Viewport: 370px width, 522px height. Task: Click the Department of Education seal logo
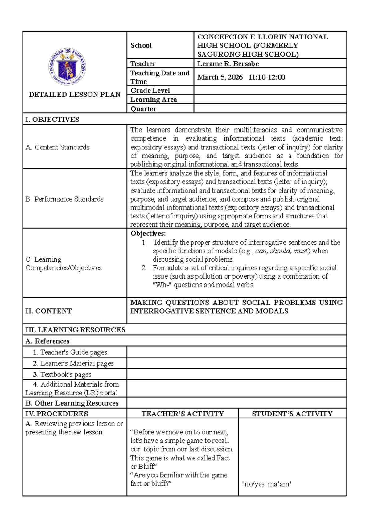[x=67, y=67]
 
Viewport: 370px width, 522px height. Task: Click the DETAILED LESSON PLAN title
[x=75, y=95]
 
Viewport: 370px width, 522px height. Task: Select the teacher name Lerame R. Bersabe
[x=228, y=64]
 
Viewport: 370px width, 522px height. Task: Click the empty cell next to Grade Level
[x=270, y=90]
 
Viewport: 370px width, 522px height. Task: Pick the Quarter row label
[x=143, y=109]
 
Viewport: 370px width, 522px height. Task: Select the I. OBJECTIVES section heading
[x=52, y=120]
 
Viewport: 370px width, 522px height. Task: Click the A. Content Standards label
[x=58, y=147]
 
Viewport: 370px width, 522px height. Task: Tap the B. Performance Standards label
[x=64, y=199]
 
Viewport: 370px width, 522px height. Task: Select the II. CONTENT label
[x=48, y=311]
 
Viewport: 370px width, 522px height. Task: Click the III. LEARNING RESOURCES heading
[x=75, y=330]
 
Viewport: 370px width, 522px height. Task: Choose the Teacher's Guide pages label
[x=70, y=352]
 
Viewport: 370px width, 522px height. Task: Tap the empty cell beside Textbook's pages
[x=236, y=374]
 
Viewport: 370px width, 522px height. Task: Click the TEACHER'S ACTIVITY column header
[x=183, y=414]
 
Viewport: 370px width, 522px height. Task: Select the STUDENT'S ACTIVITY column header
[x=292, y=414]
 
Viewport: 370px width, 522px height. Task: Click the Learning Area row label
[x=154, y=100]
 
